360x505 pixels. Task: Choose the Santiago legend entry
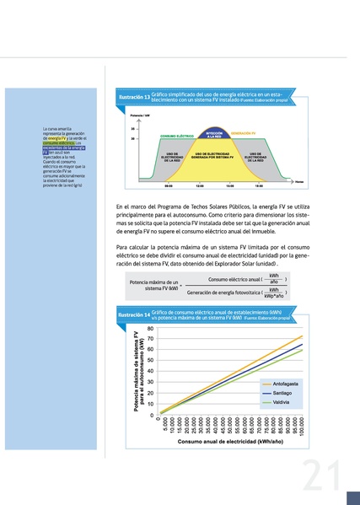(283, 394)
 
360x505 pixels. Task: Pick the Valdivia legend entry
(282, 403)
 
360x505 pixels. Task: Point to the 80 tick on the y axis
(151, 328)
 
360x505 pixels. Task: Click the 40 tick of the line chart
(151, 372)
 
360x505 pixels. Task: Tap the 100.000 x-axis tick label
(302, 425)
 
